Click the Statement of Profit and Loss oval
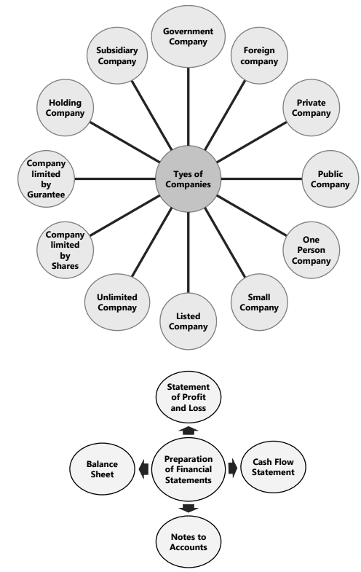189,397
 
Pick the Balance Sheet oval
106,466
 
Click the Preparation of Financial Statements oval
189,469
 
